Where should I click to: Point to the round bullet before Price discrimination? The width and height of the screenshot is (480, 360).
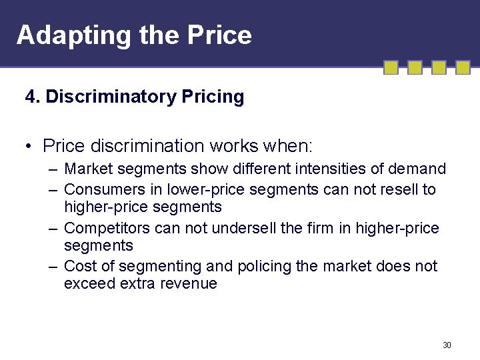pos(31,145)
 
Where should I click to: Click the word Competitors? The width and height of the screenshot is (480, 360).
pos(107,229)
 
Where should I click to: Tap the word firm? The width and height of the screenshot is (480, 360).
pos(320,229)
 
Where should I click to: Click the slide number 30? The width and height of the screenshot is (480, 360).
pos(447,345)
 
